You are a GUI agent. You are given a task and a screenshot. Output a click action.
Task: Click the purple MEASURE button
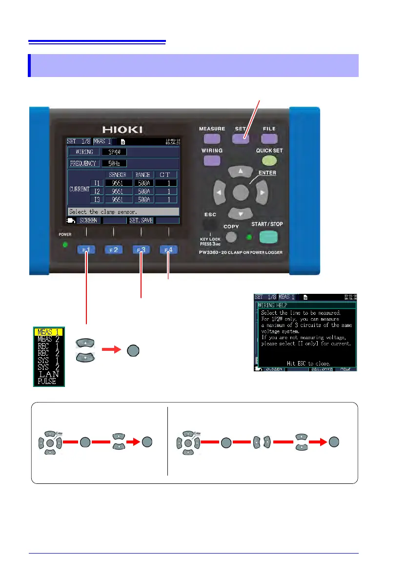click(x=211, y=139)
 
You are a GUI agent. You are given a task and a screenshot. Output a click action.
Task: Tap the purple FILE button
click(x=269, y=139)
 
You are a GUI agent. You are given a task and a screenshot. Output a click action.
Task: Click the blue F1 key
click(x=87, y=250)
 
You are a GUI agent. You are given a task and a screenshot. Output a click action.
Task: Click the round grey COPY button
click(x=231, y=237)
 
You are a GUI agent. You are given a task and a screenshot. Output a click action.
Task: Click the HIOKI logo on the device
click(x=122, y=129)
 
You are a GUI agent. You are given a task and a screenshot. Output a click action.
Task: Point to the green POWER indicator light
click(x=64, y=244)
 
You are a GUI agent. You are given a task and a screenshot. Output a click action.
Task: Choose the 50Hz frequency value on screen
click(x=111, y=163)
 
